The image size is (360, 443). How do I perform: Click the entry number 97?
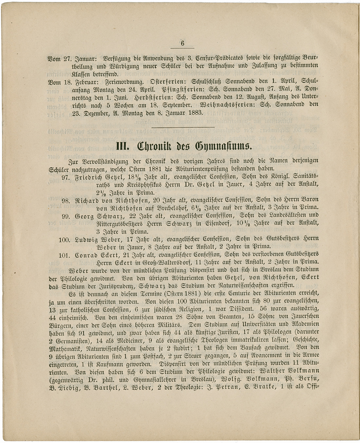(x=66, y=177)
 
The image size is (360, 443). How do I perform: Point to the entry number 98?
(x=66, y=200)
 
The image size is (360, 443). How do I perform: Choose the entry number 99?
(x=66, y=216)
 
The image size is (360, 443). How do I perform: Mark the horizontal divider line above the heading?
(x=183, y=127)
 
